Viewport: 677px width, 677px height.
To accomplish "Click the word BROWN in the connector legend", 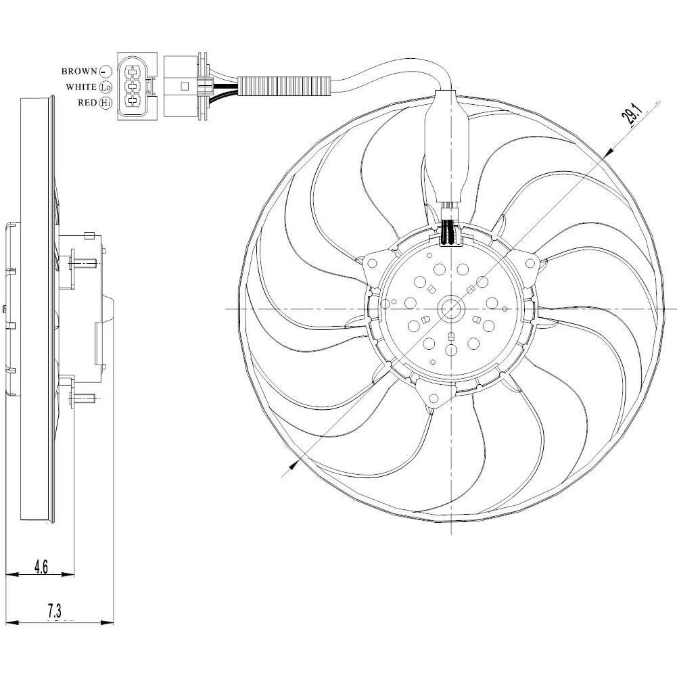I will [x=79, y=71].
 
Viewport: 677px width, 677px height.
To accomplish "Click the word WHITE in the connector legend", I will [x=80, y=87].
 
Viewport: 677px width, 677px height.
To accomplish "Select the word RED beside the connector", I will [x=87, y=103].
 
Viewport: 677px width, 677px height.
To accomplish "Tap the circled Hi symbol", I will [x=106, y=103].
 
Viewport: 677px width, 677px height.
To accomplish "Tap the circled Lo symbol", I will [x=106, y=87].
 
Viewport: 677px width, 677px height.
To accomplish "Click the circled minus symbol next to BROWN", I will [x=106, y=71].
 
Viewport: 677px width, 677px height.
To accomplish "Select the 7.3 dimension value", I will [x=54, y=611].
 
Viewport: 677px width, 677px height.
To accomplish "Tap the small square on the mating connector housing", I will [x=185, y=87].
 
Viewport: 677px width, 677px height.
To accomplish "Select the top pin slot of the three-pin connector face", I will [x=133, y=70].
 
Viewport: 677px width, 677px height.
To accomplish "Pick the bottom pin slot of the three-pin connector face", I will [x=133, y=103].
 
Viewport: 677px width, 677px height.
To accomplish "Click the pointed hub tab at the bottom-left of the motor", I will [x=431, y=400].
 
